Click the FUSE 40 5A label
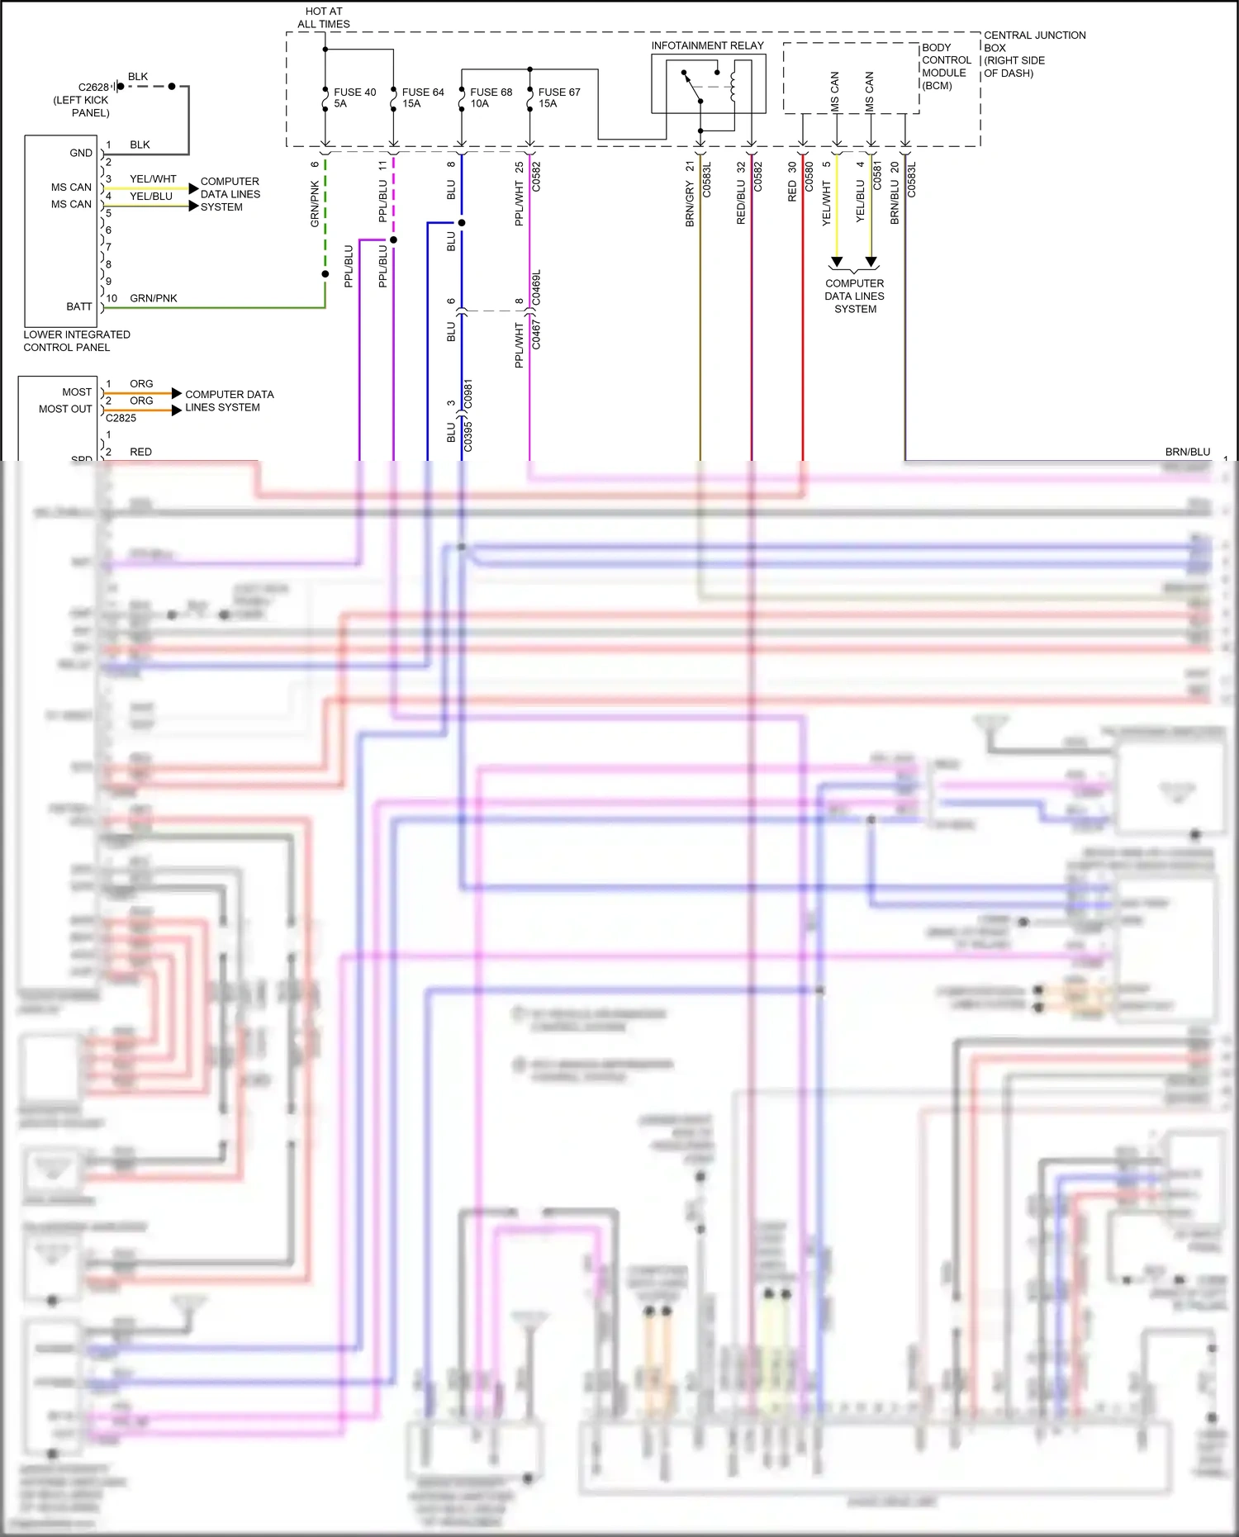[354, 97]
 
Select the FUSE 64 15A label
[422, 97]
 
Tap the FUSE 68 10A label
[491, 97]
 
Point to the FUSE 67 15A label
[558, 97]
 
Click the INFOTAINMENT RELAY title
[707, 45]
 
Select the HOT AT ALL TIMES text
[323, 17]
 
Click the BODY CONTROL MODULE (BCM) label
[946, 66]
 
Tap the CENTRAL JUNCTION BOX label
[1033, 54]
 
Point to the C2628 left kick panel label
[82, 99]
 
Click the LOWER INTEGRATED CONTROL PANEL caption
[76, 340]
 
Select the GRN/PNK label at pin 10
[153, 298]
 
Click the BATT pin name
[79, 306]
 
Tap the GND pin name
[81, 153]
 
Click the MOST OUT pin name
[65, 409]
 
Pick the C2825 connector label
[121, 418]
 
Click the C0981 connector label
[468, 394]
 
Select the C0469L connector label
[536, 287]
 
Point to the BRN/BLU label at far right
[1187, 452]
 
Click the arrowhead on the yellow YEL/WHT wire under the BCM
[837, 262]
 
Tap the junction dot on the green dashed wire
[325, 274]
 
